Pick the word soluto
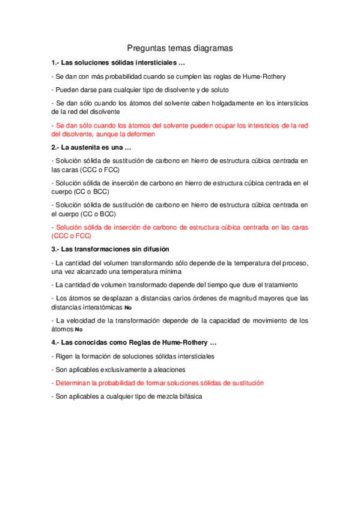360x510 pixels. click(218, 90)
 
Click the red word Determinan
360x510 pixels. click(75, 383)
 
